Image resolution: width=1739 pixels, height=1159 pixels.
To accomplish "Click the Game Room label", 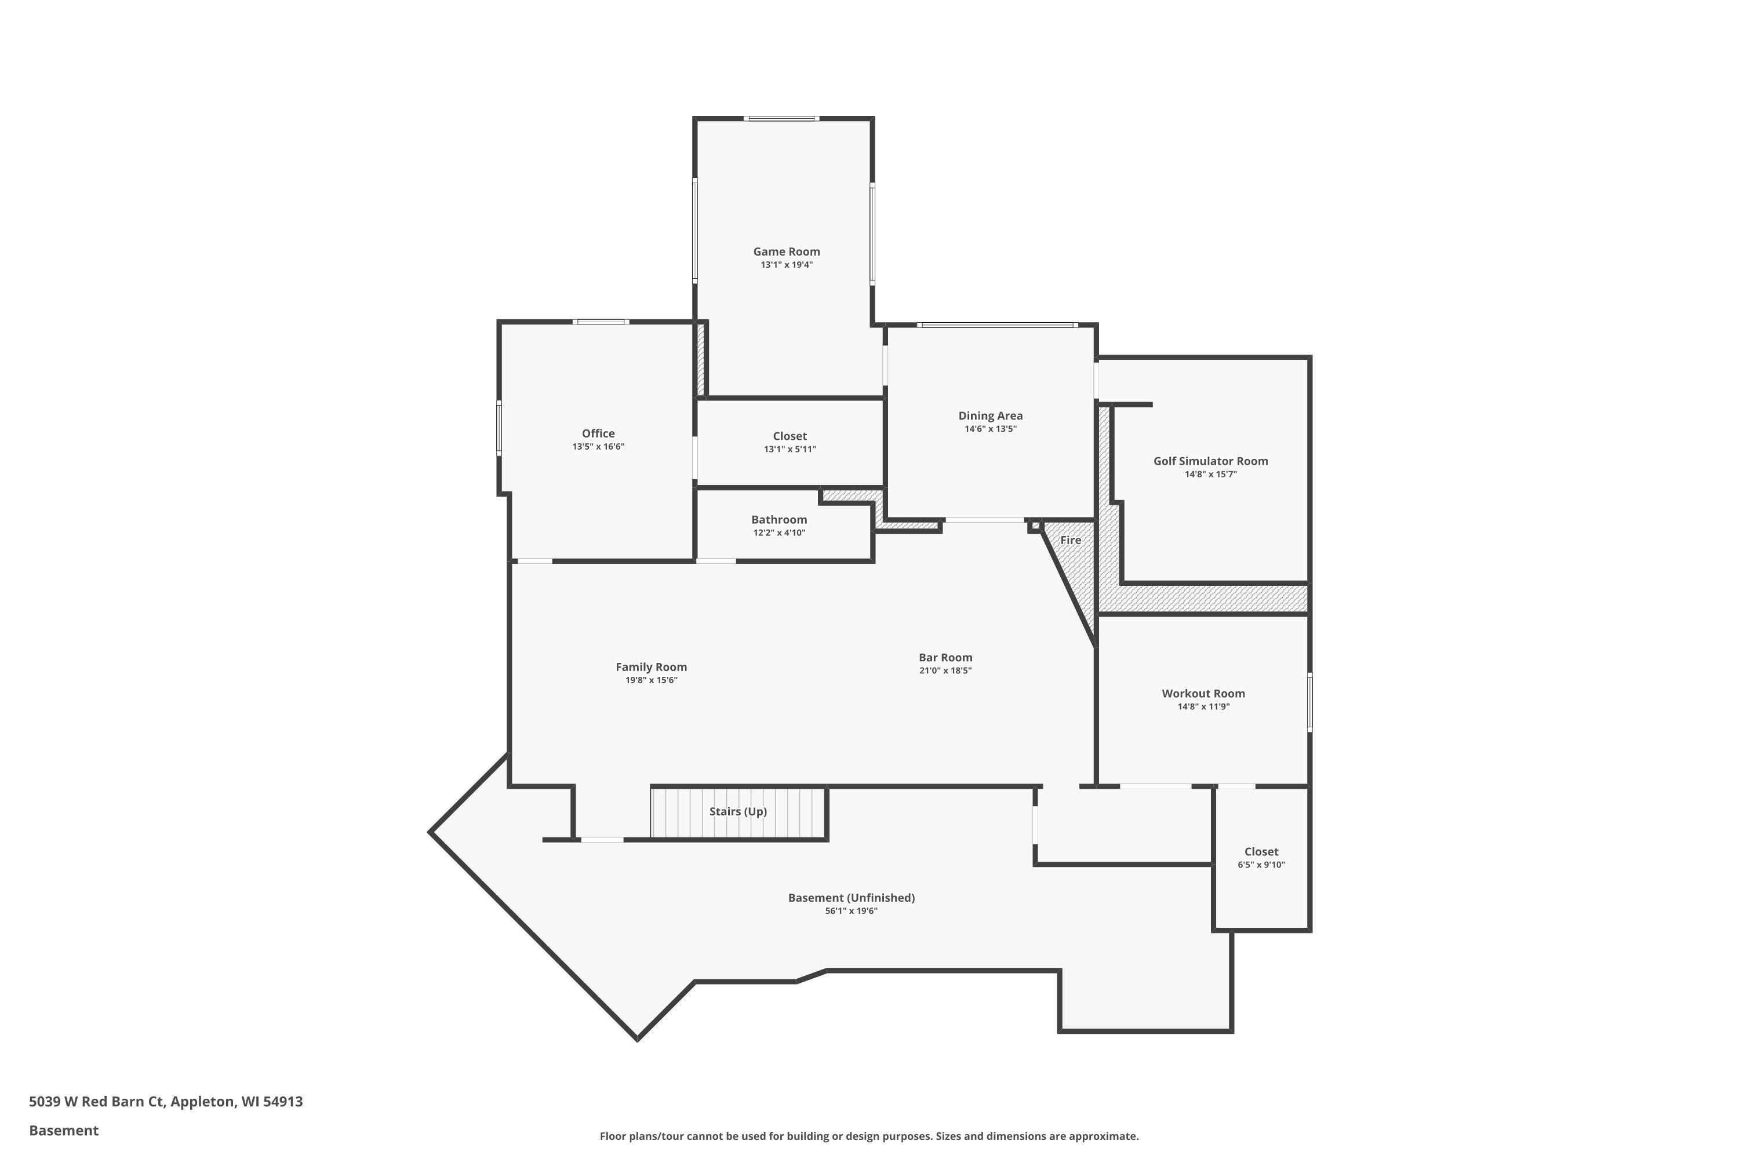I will (786, 252).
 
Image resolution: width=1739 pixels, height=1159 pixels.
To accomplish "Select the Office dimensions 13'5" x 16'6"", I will (598, 446).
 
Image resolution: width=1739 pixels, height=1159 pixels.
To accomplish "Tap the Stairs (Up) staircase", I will (738, 812).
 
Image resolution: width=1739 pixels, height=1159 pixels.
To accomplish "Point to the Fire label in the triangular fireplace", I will (1070, 540).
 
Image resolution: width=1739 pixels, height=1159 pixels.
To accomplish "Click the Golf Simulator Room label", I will (1210, 461).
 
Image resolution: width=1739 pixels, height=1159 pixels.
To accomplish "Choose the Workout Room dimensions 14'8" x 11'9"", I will (1203, 706).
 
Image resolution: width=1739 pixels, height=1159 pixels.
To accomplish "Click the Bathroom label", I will (778, 520).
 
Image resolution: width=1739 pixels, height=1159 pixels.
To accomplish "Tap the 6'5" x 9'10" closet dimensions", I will (1261, 865).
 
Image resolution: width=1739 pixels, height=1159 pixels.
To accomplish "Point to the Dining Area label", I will (990, 416).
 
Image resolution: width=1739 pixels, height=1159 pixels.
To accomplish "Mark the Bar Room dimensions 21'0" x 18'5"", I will (945, 670).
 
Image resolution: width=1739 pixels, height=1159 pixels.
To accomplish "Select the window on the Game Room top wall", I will (781, 118).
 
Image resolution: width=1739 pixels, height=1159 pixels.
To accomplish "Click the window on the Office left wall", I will (499, 428).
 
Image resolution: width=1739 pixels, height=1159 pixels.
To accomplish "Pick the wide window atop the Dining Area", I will (996, 325).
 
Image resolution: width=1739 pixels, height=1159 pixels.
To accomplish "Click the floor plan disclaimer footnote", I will (869, 1136).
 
